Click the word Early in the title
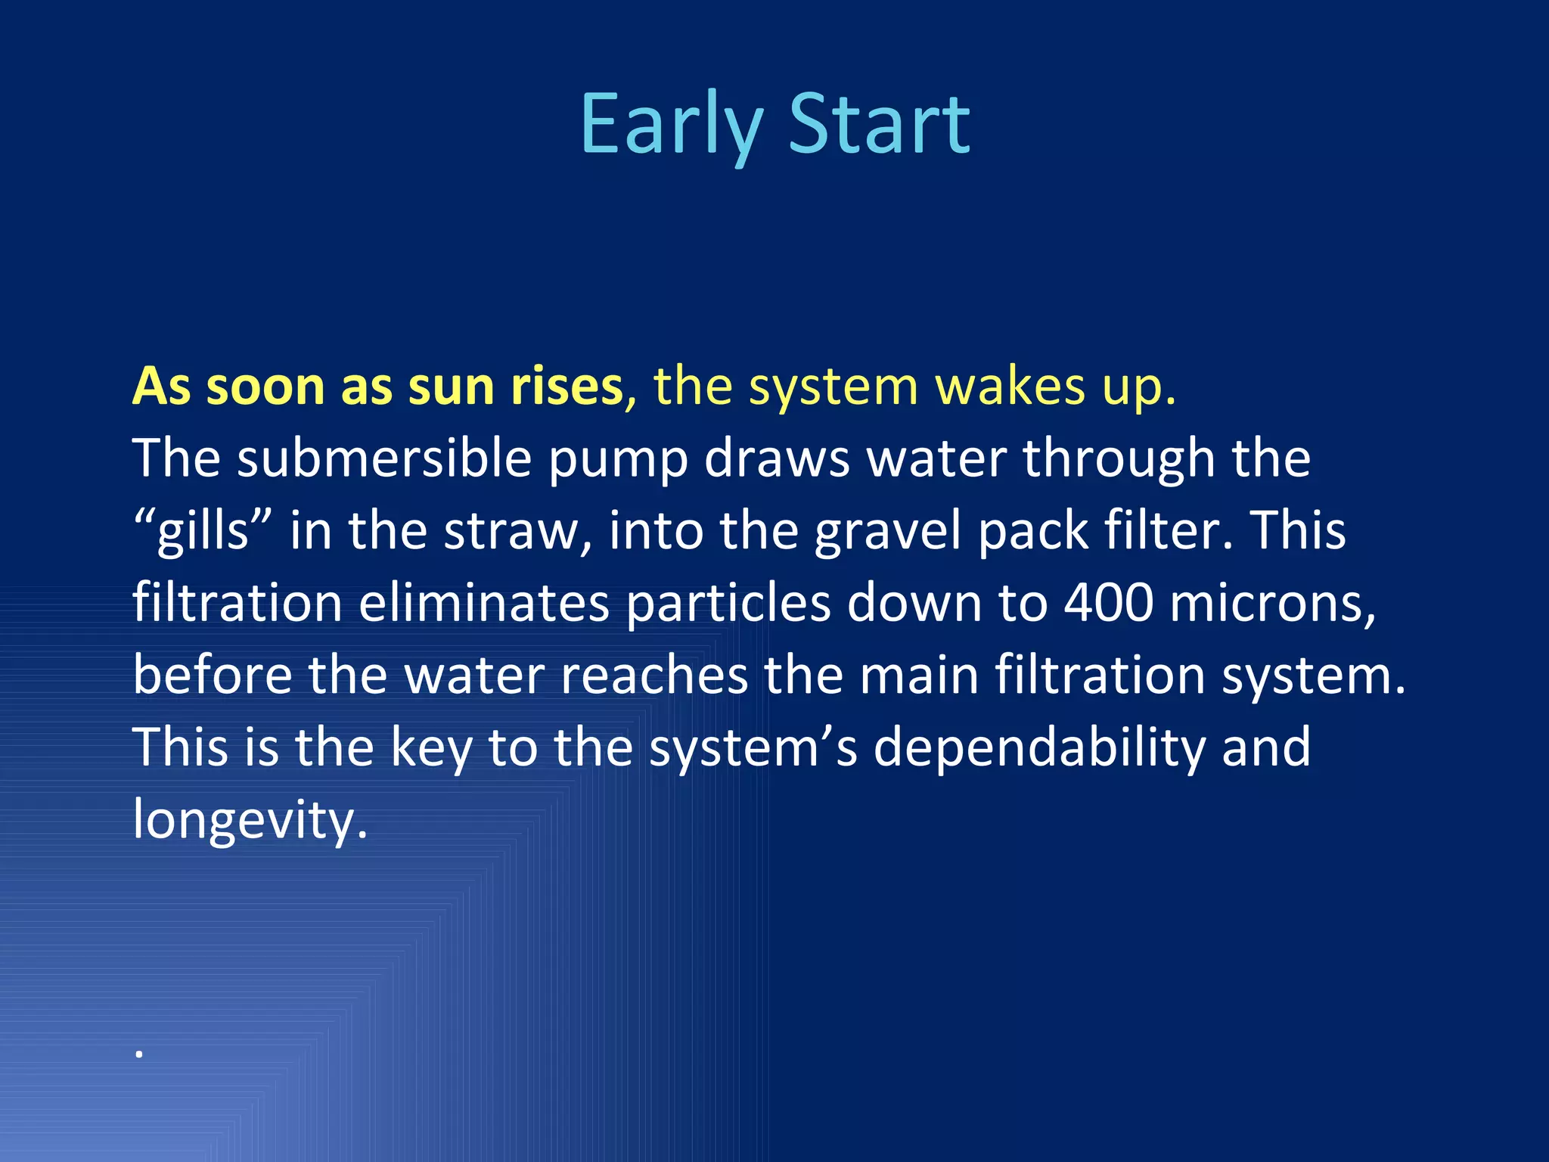[x=671, y=125]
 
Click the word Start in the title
[x=879, y=125]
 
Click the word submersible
[x=384, y=458]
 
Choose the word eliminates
[x=484, y=603]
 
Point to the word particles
[x=728, y=603]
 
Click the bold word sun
[x=452, y=387]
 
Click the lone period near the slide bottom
[x=139, y=1053]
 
